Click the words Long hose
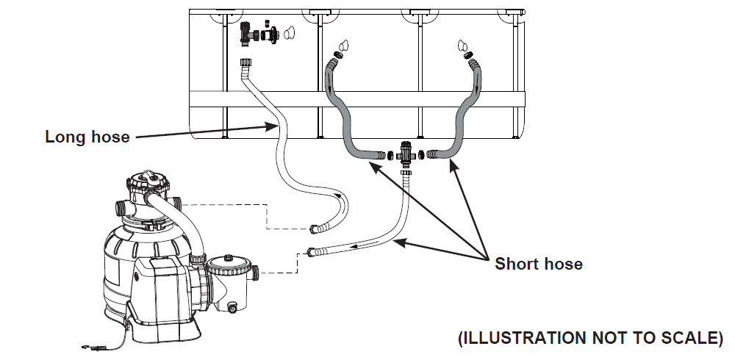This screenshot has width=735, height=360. [x=87, y=137]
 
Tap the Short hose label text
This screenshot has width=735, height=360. [x=539, y=264]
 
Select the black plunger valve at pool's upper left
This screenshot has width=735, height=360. [x=247, y=32]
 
